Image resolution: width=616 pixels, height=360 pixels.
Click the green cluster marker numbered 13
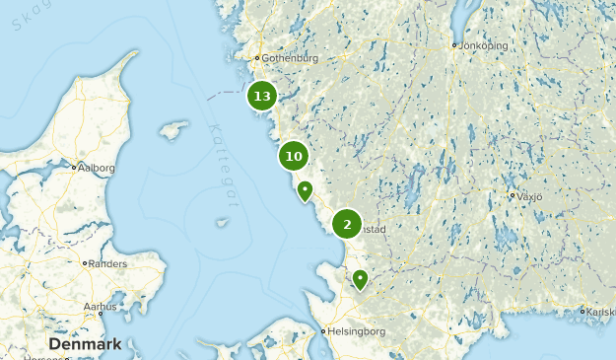[x=261, y=96]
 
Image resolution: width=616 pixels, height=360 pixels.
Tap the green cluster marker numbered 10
[x=294, y=156]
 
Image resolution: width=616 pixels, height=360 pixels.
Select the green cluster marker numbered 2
[x=347, y=224]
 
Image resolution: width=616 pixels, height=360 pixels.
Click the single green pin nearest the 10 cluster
[x=306, y=190]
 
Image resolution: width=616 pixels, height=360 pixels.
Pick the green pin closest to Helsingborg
[x=361, y=279]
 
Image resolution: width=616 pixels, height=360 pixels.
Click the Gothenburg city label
[x=291, y=58]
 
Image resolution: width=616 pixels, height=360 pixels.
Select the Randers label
[x=107, y=264]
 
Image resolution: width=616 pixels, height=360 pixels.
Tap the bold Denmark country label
[x=85, y=344]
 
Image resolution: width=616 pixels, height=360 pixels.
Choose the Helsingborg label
[x=358, y=331]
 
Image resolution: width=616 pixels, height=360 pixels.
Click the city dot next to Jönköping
[x=454, y=44]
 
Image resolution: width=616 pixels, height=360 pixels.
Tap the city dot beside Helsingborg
[x=324, y=331]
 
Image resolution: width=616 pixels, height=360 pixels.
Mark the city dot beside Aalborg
[x=74, y=168]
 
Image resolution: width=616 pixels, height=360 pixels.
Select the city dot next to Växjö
[x=513, y=195]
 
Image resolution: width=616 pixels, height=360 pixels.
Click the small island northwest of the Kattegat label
[x=173, y=129]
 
